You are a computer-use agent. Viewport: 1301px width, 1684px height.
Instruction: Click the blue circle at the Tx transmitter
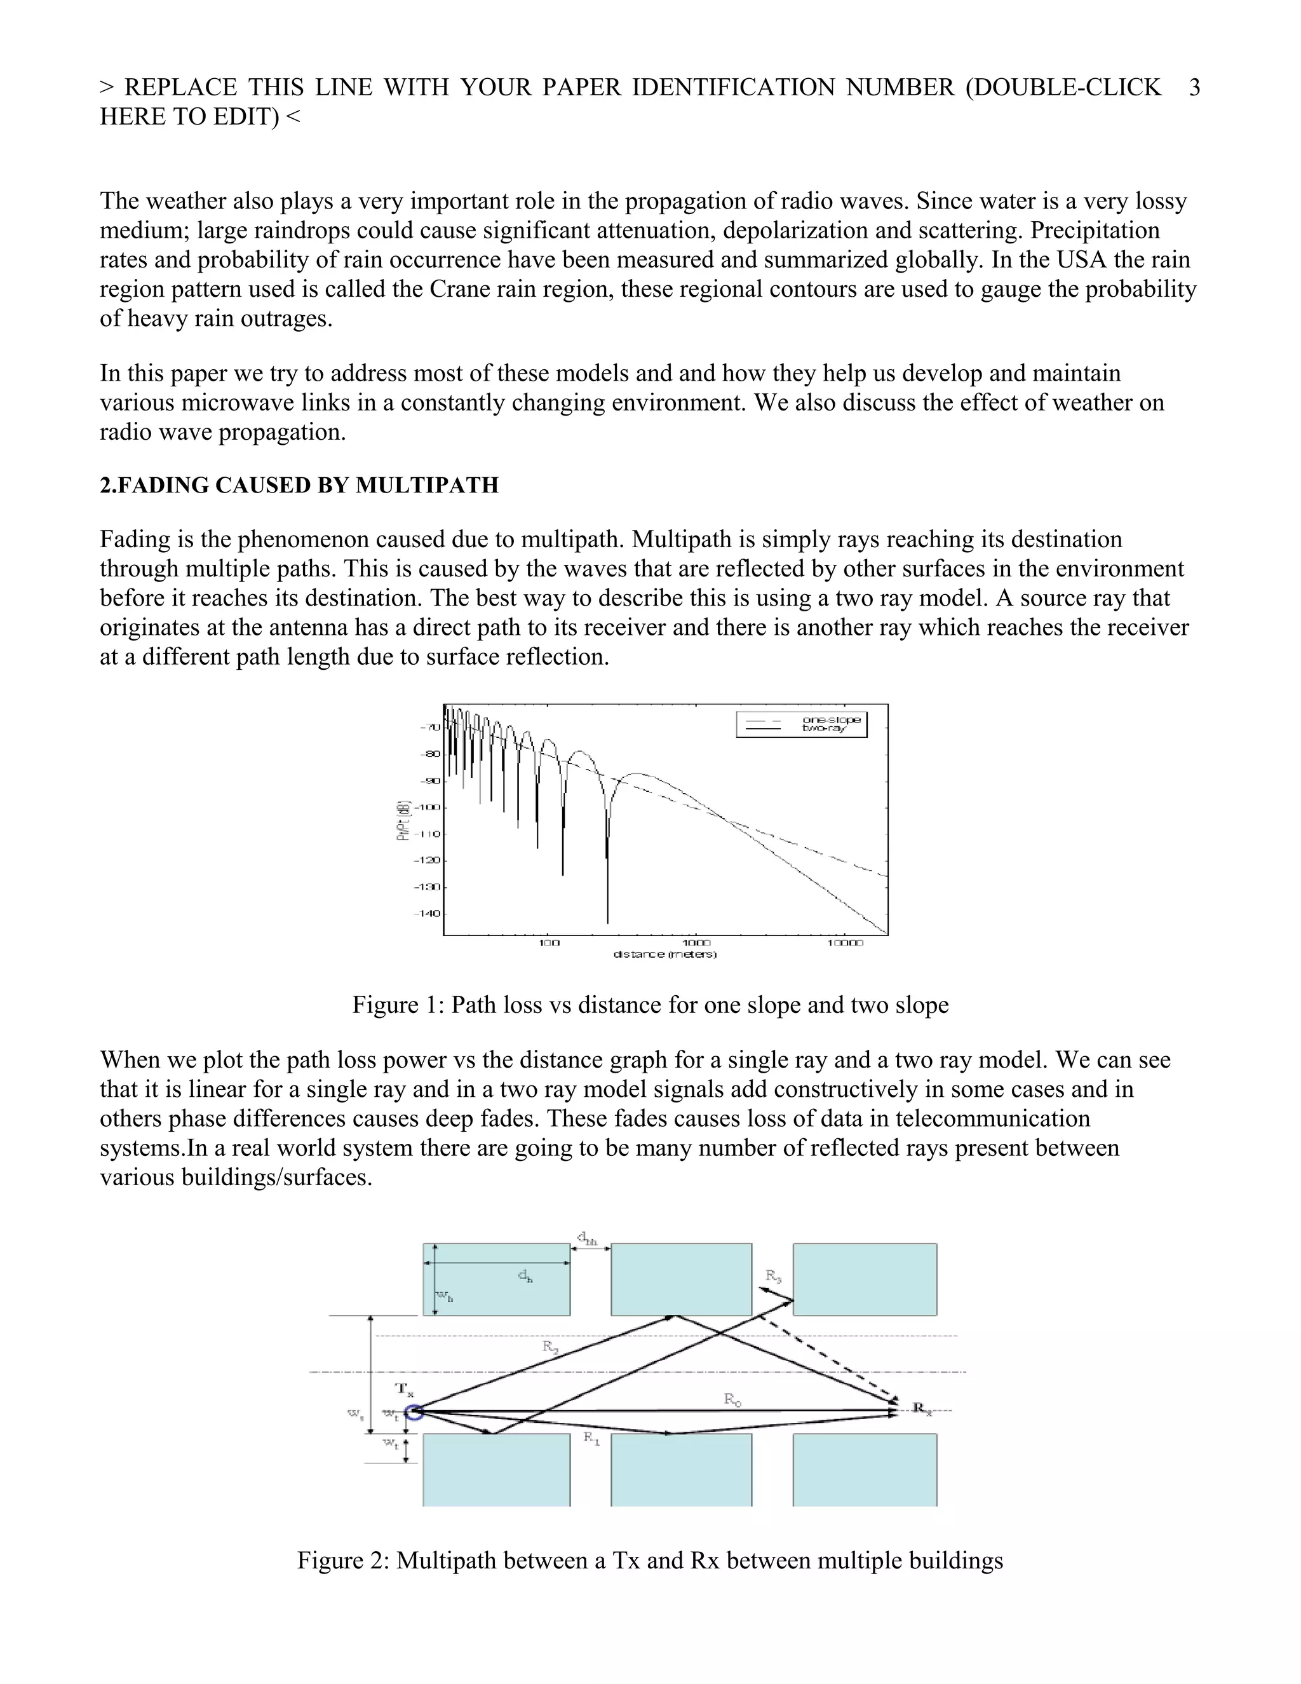[415, 1412]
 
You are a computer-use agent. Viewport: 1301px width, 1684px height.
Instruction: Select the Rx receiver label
[922, 1408]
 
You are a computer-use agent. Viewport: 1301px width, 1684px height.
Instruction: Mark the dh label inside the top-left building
[525, 1276]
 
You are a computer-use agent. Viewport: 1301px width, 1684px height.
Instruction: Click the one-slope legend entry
[831, 719]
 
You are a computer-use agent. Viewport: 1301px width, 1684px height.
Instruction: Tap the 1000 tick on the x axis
[696, 942]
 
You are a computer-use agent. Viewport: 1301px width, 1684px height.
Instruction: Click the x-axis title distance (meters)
[664, 954]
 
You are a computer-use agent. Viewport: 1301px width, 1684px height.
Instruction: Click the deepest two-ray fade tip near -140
[607, 921]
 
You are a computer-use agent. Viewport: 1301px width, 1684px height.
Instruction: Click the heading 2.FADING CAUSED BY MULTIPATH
[299, 485]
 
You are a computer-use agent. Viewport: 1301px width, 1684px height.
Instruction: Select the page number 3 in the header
[1194, 87]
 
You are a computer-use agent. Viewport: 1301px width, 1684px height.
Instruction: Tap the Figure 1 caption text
[650, 1005]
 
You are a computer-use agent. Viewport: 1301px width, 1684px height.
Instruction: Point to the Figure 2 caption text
[650, 1560]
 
